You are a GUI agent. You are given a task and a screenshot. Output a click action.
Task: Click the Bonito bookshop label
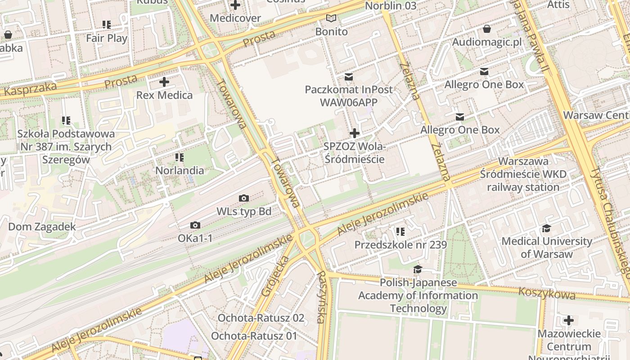pyautogui.click(x=331, y=31)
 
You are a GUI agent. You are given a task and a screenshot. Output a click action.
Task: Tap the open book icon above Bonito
pyautogui.click(x=331, y=18)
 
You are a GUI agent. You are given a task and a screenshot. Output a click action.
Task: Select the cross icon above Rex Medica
pyautogui.click(x=164, y=82)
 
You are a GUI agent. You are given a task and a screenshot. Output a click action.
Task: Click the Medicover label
pyautogui.click(x=235, y=18)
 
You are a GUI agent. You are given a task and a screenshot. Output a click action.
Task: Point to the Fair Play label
pyautogui.click(x=107, y=38)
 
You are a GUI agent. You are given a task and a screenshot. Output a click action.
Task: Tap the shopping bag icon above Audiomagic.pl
pyautogui.click(x=486, y=29)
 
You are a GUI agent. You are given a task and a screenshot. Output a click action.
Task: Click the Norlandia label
pyautogui.click(x=180, y=171)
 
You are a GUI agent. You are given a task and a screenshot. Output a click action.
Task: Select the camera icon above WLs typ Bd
pyautogui.click(x=244, y=198)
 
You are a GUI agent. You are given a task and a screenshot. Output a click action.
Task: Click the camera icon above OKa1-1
pyautogui.click(x=195, y=225)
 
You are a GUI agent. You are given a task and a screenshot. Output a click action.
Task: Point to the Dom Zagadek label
pyautogui.click(x=42, y=226)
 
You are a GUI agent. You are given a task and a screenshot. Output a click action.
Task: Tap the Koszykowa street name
pyautogui.click(x=547, y=293)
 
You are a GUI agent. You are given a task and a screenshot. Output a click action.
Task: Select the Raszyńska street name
pyautogui.click(x=321, y=297)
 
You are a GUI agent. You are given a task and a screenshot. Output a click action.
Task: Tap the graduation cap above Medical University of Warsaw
pyautogui.click(x=546, y=228)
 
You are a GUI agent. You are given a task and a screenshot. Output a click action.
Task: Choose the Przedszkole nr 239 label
pyautogui.click(x=400, y=245)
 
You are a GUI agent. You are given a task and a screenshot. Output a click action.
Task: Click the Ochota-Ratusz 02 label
pyautogui.click(x=261, y=318)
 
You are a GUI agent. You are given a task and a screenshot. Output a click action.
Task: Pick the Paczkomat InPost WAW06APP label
pyautogui.click(x=348, y=96)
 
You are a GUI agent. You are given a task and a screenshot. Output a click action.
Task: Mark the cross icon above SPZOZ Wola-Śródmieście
pyautogui.click(x=355, y=133)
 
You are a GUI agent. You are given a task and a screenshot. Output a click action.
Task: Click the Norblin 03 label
pyautogui.click(x=391, y=6)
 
